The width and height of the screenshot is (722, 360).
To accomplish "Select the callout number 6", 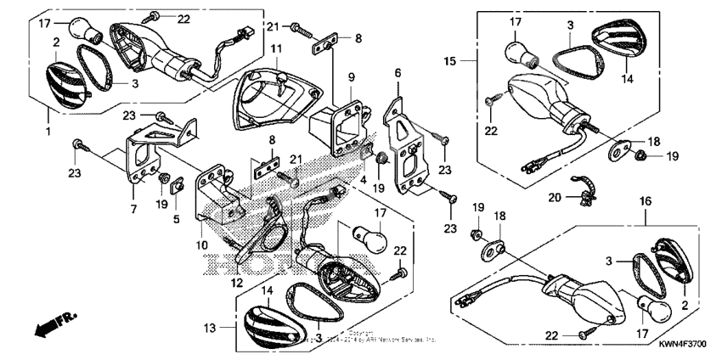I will click(398, 74).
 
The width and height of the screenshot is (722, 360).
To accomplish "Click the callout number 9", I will click(350, 76).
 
